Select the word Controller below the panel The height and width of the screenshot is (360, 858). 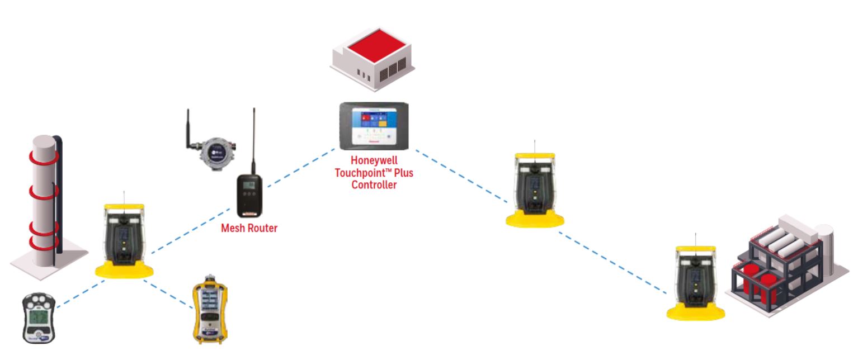pos(374,185)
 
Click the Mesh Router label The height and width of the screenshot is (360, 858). pos(249,228)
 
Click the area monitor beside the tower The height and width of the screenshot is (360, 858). pos(124,238)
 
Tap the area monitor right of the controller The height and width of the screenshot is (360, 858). pos(534,187)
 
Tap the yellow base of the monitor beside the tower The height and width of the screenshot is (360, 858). pos(124,272)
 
